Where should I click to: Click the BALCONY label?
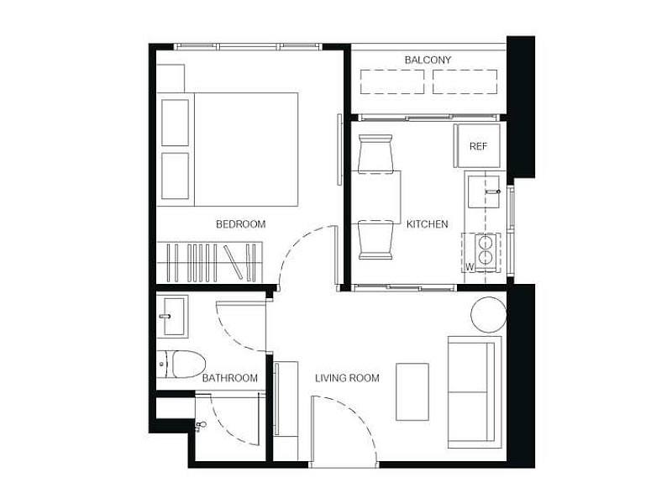(x=428, y=60)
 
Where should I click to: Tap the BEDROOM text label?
(x=241, y=224)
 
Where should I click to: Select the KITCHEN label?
(x=428, y=224)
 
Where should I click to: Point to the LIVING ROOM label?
(x=347, y=378)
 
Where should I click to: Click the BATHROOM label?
(x=229, y=378)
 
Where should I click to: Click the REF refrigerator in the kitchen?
(x=477, y=146)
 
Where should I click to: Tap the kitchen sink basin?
(x=484, y=192)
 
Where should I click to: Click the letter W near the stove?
(x=470, y=266)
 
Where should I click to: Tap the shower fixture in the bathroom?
(x=199, y=426)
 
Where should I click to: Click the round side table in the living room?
(x=489, y=314)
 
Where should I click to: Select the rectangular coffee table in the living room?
(x=412, y=391)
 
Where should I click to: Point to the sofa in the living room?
(x=475, y=391)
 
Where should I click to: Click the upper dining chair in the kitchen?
(x=375, y=155)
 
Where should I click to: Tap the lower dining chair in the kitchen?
(x=375, y=240)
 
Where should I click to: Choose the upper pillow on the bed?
(x=176, y=123)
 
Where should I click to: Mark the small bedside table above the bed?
(x=171, y=78)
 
